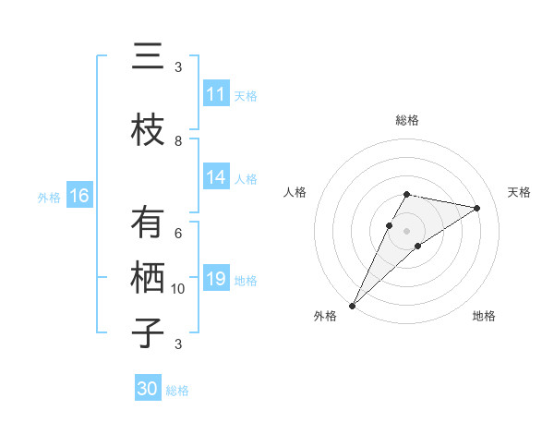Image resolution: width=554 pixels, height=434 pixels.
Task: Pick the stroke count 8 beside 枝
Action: [178, 140]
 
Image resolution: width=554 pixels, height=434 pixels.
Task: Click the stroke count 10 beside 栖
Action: [178, 289]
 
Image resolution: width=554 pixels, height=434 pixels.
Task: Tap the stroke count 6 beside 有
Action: [178, 234]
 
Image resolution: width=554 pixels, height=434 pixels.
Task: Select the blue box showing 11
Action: [216, 94]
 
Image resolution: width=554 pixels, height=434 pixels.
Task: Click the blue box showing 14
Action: [216, 177]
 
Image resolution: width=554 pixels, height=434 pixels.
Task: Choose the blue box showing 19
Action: [216, 279]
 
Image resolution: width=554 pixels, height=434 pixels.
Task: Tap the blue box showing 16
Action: [79, 196]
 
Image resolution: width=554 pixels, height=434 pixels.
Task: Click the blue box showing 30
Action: [148, 389]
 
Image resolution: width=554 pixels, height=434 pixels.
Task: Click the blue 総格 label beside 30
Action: [177, 391]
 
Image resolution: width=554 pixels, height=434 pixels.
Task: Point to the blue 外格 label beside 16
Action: [49, 197]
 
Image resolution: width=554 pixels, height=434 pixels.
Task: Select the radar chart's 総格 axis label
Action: [407, 120]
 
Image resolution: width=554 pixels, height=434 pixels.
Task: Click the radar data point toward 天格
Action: [477, 208]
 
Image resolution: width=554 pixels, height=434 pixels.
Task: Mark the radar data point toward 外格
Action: [352, 305]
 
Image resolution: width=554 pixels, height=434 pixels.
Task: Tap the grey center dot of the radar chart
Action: [407, 230]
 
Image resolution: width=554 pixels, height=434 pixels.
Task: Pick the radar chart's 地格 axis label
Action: [484, 316]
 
